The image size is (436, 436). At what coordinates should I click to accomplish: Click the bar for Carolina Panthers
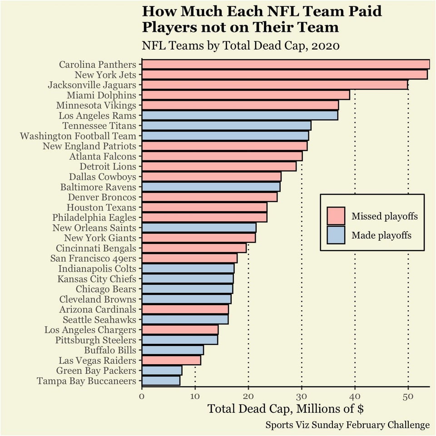click(286, 64)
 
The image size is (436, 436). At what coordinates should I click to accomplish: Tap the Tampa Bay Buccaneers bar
click(161, 381)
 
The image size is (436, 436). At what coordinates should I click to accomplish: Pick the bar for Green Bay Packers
click(162, 371)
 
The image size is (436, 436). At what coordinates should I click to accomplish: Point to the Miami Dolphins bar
click(246, 95)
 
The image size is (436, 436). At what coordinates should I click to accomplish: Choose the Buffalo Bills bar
click(173, 350)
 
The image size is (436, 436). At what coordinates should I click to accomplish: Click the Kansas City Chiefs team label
click(97, 279)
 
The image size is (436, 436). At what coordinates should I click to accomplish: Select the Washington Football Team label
click(78, 136)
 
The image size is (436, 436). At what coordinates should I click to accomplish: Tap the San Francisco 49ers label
click(96, 258)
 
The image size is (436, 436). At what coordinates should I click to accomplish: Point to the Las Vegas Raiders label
click(97, 361)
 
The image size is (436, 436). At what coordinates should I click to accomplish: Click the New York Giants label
click(100, 238)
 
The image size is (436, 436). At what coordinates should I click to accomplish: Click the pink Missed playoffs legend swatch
click(336, 216)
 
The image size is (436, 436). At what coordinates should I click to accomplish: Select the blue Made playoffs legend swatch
click(336, 235)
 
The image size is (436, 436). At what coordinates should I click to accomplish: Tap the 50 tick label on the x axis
click(408, 396)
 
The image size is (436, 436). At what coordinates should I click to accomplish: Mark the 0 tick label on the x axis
click(142, 396)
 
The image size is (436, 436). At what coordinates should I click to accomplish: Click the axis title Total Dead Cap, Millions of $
click(285, 409)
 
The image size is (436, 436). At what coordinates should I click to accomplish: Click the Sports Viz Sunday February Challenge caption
click(347, 426)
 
